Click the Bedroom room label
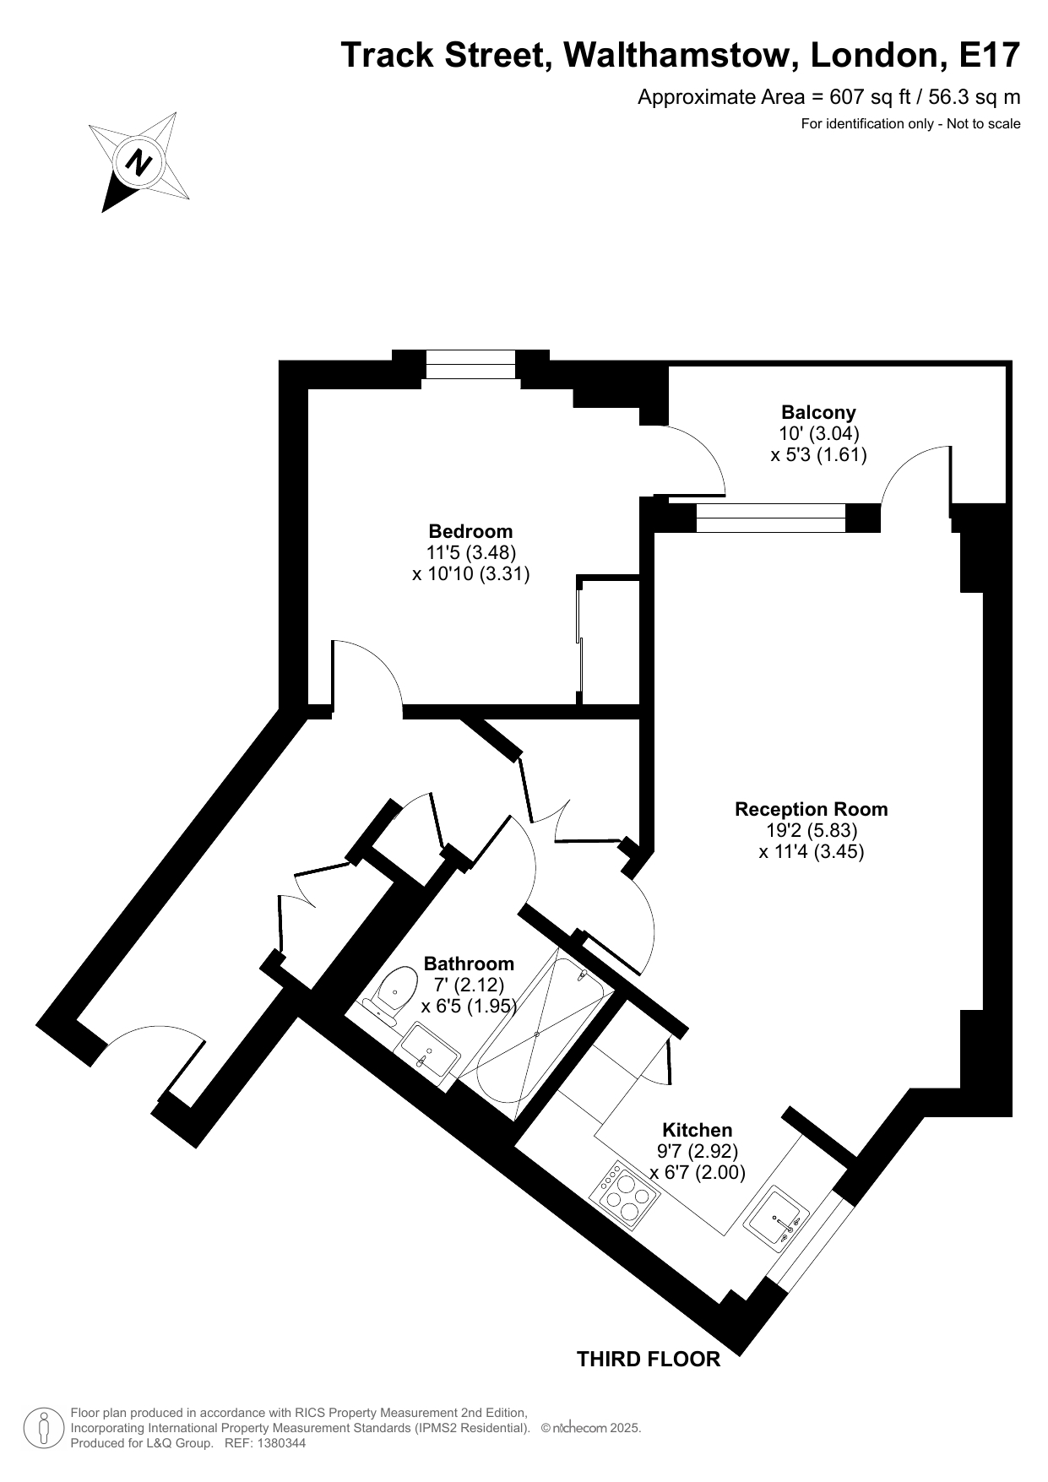click(470, 531)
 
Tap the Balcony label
click(818, 412)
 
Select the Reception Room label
click(812, 809)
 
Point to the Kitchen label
click(697, 1130)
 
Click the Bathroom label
click(469, 964)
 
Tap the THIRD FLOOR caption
click(649, 1359)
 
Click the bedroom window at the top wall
click(470, 365)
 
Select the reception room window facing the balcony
click(771, 518)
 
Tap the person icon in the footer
click(44, 1427)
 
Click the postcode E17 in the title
click(990, 56)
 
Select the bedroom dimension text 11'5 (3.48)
click(470, 552)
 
